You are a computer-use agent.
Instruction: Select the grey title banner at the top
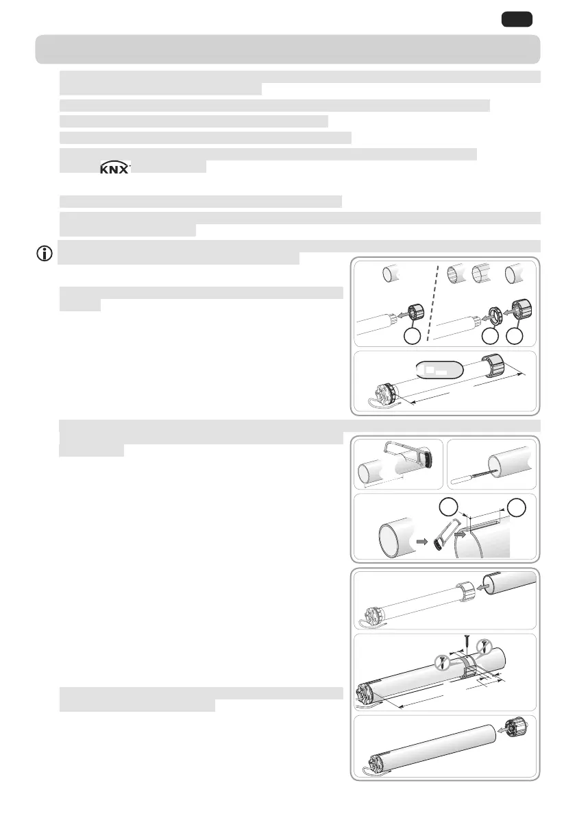tap(288, 49)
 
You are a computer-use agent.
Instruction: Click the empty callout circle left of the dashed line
tap(411, 336)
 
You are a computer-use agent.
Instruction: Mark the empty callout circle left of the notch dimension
tap(448, 509)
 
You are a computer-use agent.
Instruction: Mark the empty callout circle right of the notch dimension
tap(517, 509)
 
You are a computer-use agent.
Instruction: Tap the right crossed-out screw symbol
tap(485, 646)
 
